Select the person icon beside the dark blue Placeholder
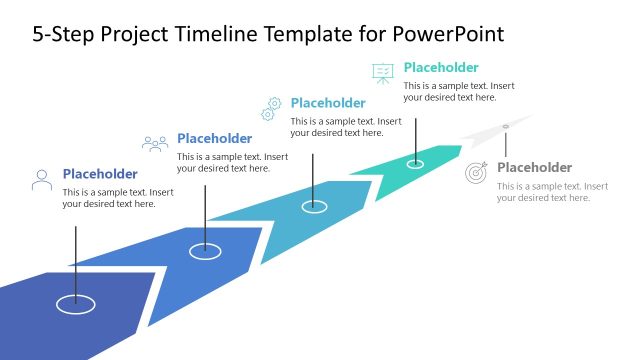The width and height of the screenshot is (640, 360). (42, 180)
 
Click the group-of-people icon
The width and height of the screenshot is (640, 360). (155, 144)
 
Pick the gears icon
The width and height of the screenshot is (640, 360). (271, 108)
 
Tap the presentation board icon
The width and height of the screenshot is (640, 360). (382, 73)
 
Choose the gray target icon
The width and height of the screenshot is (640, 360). (477, 173)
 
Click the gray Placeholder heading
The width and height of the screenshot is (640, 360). (534, 168)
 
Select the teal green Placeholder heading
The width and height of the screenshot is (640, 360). (441, 68)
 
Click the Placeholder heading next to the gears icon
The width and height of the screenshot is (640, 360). (328, 103)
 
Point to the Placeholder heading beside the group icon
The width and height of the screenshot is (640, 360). (214, 139)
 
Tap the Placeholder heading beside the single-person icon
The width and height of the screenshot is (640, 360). (100, 174)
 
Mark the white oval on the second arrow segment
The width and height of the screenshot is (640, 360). (205, 251)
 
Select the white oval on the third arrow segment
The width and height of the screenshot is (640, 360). (314, 206)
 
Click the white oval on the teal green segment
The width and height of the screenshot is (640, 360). (415, 163)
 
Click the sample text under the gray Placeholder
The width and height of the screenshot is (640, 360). (552, 192)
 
